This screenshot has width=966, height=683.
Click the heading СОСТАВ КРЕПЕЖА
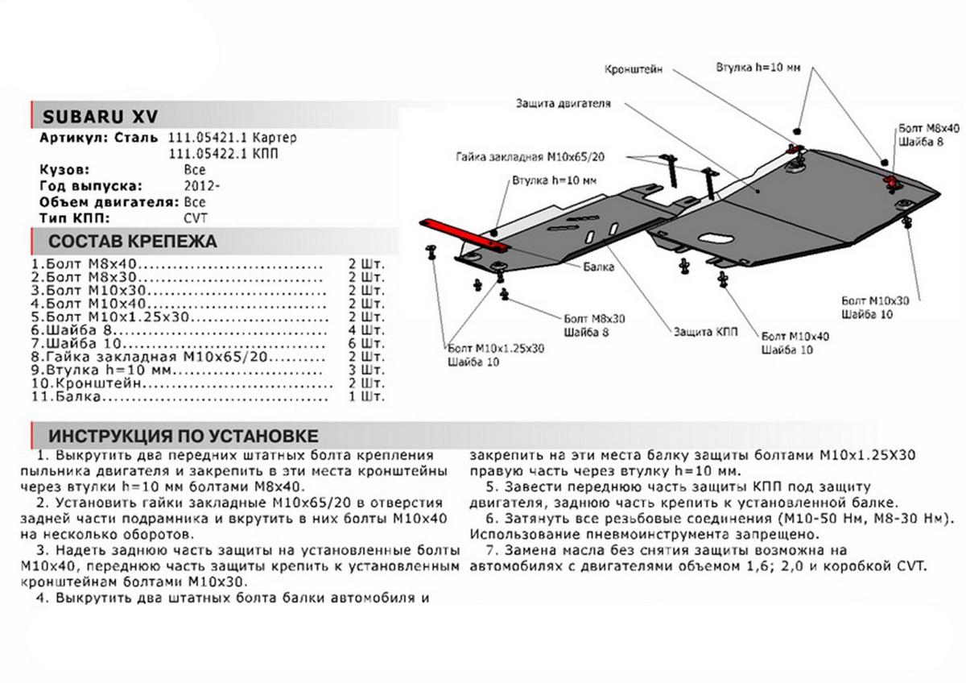coord(133,241)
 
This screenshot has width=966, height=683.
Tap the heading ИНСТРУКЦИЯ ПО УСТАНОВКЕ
coord(184,436)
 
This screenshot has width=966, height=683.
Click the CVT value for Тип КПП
coord(195,217)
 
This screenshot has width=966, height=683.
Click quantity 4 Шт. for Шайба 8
coord(369,330)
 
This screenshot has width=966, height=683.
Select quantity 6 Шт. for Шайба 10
coord(369,344)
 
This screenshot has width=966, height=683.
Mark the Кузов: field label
coord(64,170)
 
